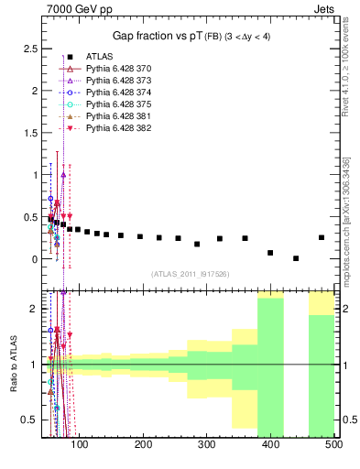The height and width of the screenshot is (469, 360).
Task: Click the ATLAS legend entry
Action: [101, 57]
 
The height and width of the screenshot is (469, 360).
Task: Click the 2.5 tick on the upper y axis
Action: [34, 47]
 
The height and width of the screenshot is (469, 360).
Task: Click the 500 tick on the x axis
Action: [333, 445]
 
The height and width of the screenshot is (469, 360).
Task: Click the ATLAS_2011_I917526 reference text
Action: [190, 274]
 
